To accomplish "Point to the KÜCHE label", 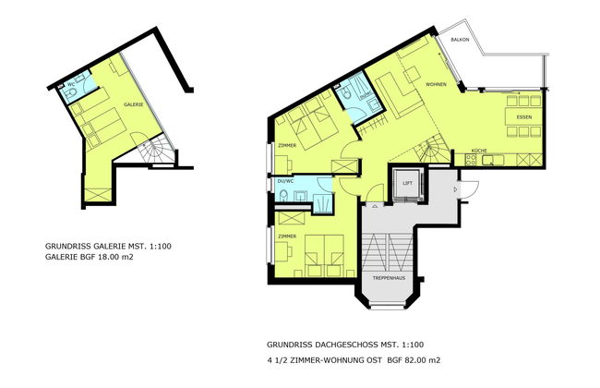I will [x=479, y=150].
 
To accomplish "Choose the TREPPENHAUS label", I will [x=389, y=278].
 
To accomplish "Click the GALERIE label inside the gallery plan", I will [x=132, y=105].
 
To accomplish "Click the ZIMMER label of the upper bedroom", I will [x=285, y=145].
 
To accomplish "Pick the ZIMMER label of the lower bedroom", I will [x=285, y=236].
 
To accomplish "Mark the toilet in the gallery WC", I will [x=82, y=88].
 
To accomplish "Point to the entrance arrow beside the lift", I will [x=455, y=188].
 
